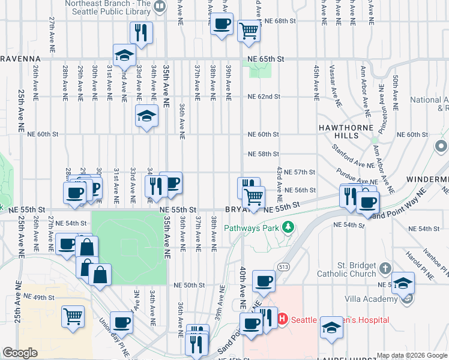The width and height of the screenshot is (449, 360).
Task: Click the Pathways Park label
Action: pyautogui.click(x=253, y=228)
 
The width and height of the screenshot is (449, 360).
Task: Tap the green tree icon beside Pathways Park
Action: pyautogui.click(x=289, y=227)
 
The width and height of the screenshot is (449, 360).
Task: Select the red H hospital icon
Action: pyautogui.click(x=283, y=320)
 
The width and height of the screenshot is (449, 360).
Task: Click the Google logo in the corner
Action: pyautogui.click(x=20, y=353)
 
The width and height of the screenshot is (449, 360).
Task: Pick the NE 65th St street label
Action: pyautogui.click(x=265, y=59)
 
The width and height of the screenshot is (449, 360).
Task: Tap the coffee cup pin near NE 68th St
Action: pyautogui.click(x=221, y=25)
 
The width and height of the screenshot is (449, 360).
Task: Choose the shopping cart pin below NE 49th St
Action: pyautogui.click(x=73, y=316)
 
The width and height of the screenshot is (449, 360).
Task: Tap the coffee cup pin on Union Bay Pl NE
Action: pyautogui.click(x=122, y=323)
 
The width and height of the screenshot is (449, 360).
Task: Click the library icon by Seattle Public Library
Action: pyautogui.click(x=160, y=7)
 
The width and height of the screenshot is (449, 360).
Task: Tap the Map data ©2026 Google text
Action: pyautogui.click(x=412, y=355)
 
